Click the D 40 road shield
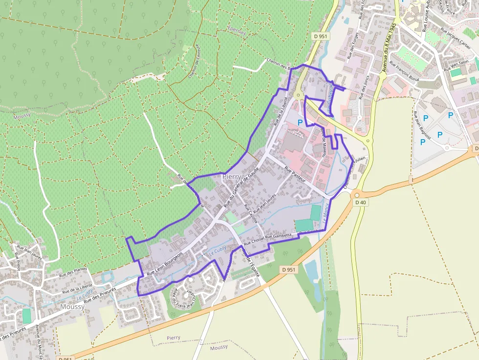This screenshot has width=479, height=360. pos(361,202)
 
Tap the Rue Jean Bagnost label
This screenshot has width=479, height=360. pos(422,126)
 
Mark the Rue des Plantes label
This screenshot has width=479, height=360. pos(73,274)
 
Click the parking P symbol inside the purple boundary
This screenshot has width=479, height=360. pos(300,122)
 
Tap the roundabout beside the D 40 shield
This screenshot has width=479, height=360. pos(356,194)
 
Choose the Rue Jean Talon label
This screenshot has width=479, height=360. pos(457,65)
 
